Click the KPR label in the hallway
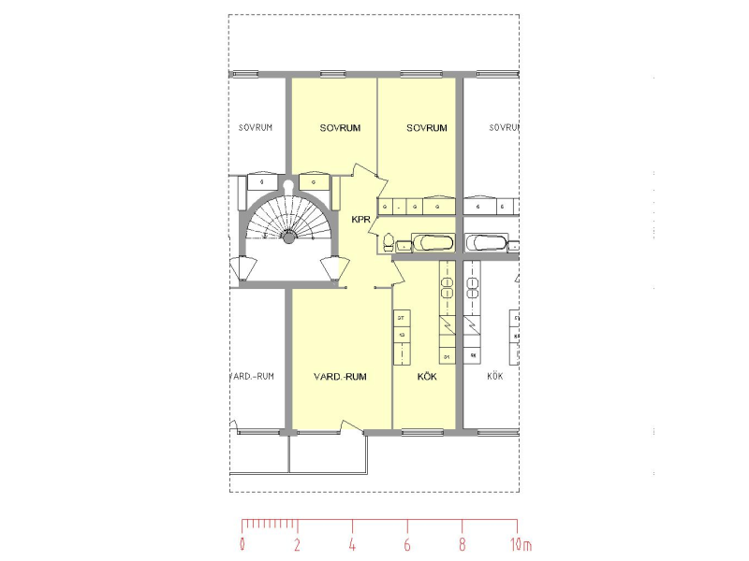[x=361, y=221]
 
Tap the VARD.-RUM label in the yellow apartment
[x=339, y=377]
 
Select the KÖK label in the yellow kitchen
[x=427, y=377]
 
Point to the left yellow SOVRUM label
[x=340, y=128]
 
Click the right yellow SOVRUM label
[x=427, y=128]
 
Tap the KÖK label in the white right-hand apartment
[x=495, y=377]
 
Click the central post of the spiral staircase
[x=289, y=238]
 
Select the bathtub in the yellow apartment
[x=433, y=243]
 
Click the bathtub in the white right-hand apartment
[x=486, y=243]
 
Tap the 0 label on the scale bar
[x=242, y=543]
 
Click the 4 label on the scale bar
[x=352, y=543]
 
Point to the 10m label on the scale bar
[x=521, y=543]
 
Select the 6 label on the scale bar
[x=407, y=543]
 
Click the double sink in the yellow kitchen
[x=447, y=280]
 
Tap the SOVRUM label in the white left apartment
[x=256, y=128]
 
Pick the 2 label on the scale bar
[x=297, y=543]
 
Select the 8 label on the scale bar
[x=462, y=543]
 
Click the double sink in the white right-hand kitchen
[x=473, y=280]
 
